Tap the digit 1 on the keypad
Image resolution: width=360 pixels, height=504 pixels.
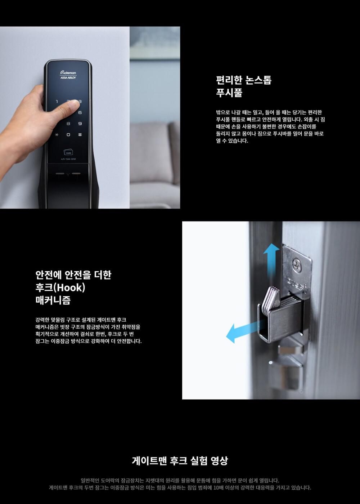click(57, 102)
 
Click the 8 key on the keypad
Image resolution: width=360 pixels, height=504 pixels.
click(68, 124)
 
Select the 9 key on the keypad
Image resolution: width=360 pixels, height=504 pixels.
click(80, 124)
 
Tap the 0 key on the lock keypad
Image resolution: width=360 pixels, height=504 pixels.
click(68, 134)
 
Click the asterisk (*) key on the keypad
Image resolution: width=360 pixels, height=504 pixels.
click(57, 134)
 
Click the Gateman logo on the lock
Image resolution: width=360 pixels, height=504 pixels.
click(68, 72)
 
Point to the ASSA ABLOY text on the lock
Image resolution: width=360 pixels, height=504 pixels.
click(68, 77)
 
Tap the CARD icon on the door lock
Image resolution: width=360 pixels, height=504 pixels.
click(68, 152)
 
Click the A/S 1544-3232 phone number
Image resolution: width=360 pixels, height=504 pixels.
click(68, 159)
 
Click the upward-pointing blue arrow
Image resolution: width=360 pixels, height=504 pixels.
click(271, 261)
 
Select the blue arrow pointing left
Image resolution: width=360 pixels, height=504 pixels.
click(246, 330)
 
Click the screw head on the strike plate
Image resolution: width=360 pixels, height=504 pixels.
click(297, 263)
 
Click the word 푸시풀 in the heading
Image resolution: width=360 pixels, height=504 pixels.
click(229, 93)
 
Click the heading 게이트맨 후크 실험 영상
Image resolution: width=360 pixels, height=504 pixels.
click(180, 460)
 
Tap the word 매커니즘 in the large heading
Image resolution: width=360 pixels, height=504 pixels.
click(53, 300)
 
